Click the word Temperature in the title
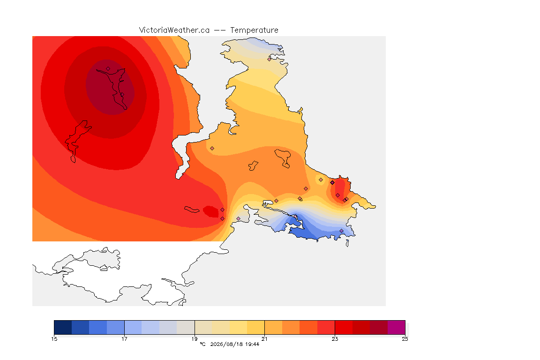tap(254, 30)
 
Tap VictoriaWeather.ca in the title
tap(174, 30)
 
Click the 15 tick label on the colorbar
tap(54, 339)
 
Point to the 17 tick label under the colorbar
tap(124, 339)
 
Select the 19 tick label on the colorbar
tap(195, 339)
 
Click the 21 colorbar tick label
tap(264, 339)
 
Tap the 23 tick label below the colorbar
tap(335, 339)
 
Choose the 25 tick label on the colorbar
tap(405, 339)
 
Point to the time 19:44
tap(252, 344)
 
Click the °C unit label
tap(202, 344)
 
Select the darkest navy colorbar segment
tap(63, 327)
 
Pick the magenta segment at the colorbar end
tap(397, 327)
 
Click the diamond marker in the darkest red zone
tap(108, 69)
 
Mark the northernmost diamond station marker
tap(270, 59)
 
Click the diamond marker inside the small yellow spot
tap(321, 180)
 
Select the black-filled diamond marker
tap(332, 183)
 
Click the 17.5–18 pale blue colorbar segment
tap(150, 327)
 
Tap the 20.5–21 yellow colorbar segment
tap(256, 327)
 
